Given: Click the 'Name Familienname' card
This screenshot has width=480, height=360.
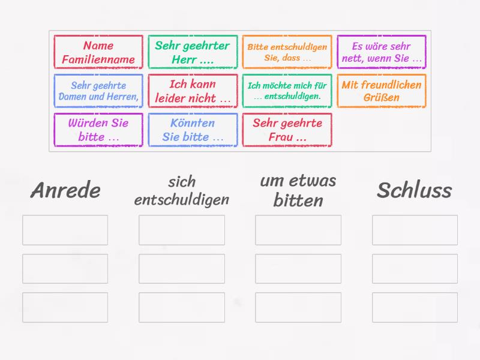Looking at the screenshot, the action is click(x=98, y=52).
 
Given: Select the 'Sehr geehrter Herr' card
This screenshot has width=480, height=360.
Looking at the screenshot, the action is click(x=193, y=52).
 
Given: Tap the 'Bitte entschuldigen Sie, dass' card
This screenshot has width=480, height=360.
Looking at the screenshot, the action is click(x=287, y=52).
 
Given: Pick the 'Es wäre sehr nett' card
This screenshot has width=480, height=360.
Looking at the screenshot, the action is click(x=382, y=52).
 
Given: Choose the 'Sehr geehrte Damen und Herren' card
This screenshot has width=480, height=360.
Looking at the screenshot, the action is click(x=98, y=91).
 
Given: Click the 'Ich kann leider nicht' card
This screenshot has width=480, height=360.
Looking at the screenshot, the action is click(x=193, y=91).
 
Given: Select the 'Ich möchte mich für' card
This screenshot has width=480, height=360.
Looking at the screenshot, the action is click(x=287, y=91).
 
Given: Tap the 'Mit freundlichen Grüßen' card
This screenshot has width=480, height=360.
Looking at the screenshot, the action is click(x=382, y=91).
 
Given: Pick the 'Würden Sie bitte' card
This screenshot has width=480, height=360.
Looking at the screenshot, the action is click(x=98, y=130).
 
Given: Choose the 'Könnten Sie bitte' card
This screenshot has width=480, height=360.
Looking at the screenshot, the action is click(x=193, y=130).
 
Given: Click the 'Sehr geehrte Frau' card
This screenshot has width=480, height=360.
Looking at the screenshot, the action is click(x=287, y=130).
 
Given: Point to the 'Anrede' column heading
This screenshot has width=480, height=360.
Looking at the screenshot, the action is click(x=65, y=190).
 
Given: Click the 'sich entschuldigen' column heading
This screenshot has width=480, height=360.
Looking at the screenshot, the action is click(x=182, y=190).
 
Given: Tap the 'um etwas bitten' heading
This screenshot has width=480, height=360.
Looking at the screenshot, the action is click(x=298, y=190).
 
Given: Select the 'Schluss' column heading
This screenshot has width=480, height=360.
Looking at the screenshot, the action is click(x=415, y=190).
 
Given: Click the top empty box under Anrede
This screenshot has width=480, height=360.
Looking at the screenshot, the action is click(x=65, y=230).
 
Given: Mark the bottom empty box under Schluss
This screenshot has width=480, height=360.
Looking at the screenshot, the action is click(x=415, y=307).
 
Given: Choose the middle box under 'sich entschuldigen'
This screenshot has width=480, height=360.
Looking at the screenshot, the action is click(x=182, y=269).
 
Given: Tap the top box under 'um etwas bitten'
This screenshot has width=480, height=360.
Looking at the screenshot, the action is click(x=298, y=230).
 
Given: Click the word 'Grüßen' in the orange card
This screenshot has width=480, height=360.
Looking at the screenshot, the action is click(x=382, y=98).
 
